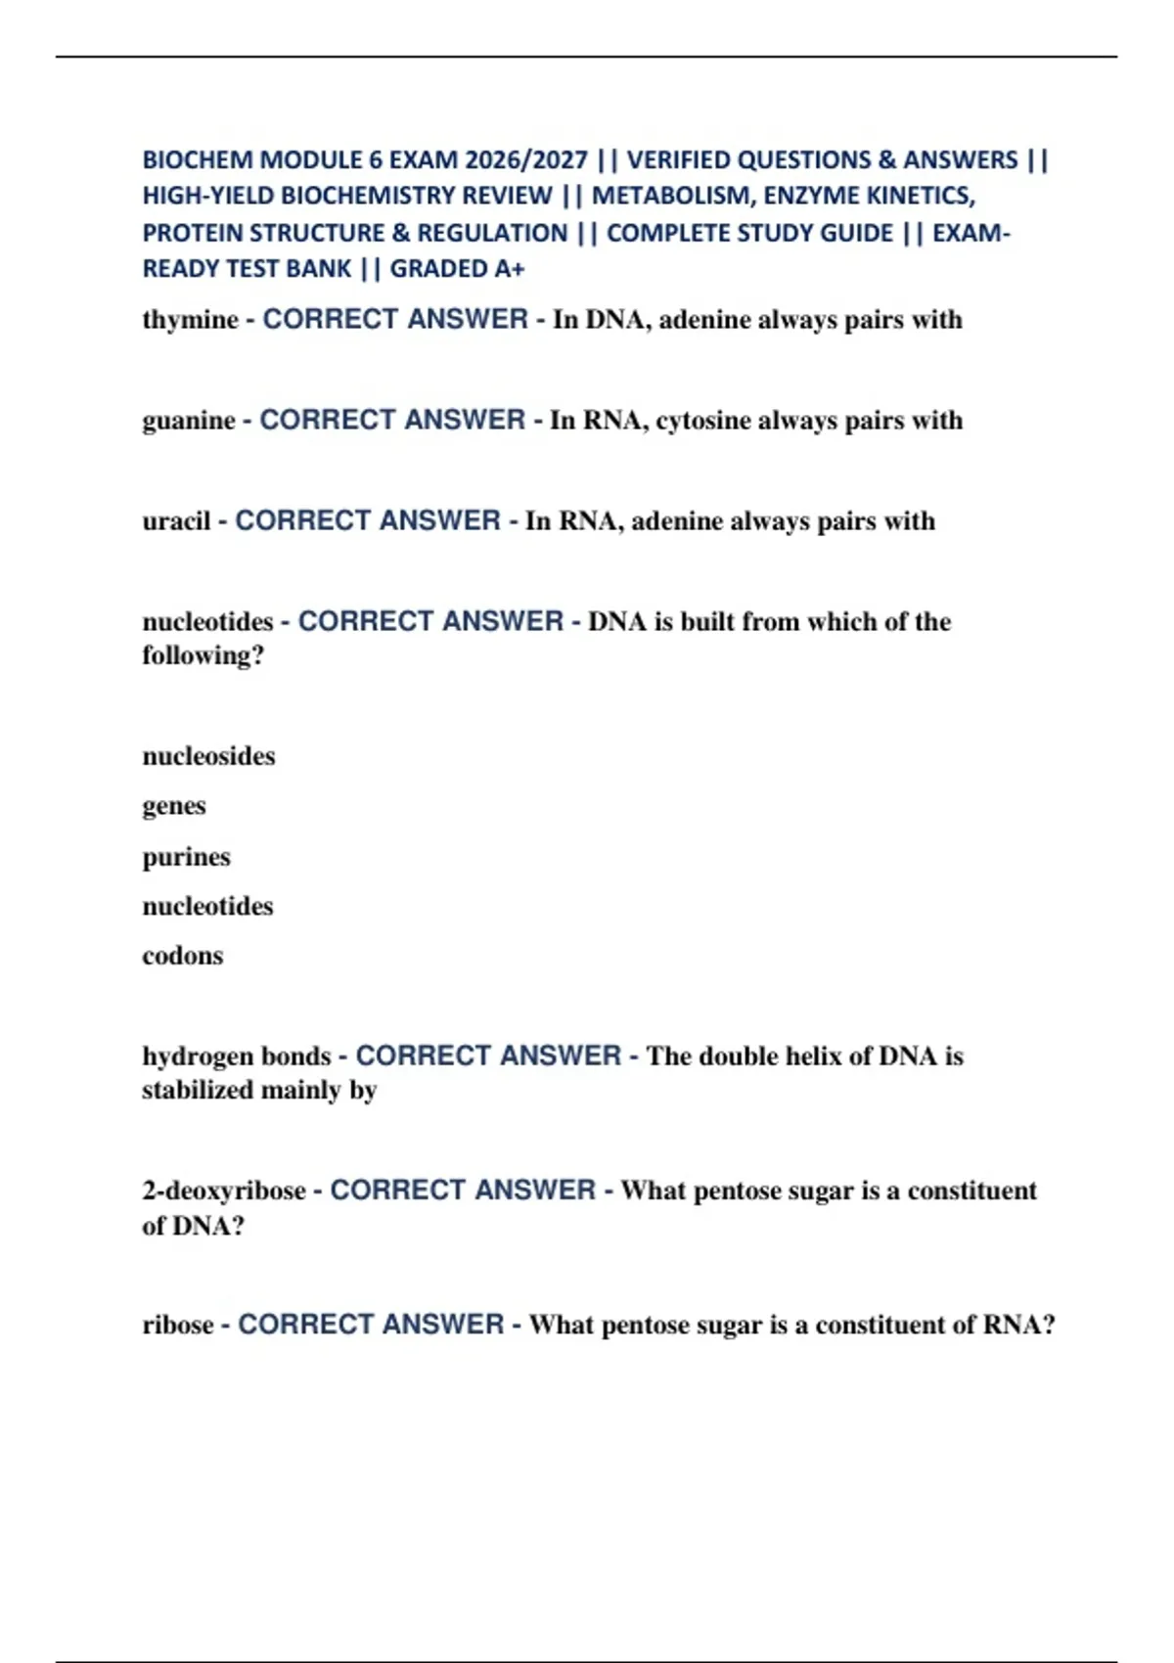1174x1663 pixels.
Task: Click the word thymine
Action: (190, 321)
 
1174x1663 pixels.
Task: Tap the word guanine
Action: (189, 422)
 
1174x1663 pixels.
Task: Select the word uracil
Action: (176, 521)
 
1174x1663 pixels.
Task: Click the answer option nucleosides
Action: (208, 756)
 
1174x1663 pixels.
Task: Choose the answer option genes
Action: (174, 807)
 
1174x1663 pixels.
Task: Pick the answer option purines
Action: (186, 857)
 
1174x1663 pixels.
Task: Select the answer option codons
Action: (183, 956)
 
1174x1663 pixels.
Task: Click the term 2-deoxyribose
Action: (224, 1191)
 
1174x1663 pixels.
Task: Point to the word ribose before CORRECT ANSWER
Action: (178, 1326)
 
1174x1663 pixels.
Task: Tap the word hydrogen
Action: (188, 1057)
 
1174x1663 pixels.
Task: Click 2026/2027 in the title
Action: (526, 159)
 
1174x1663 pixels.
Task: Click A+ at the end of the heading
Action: (509, 269)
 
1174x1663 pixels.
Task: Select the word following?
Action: (203, 655)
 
